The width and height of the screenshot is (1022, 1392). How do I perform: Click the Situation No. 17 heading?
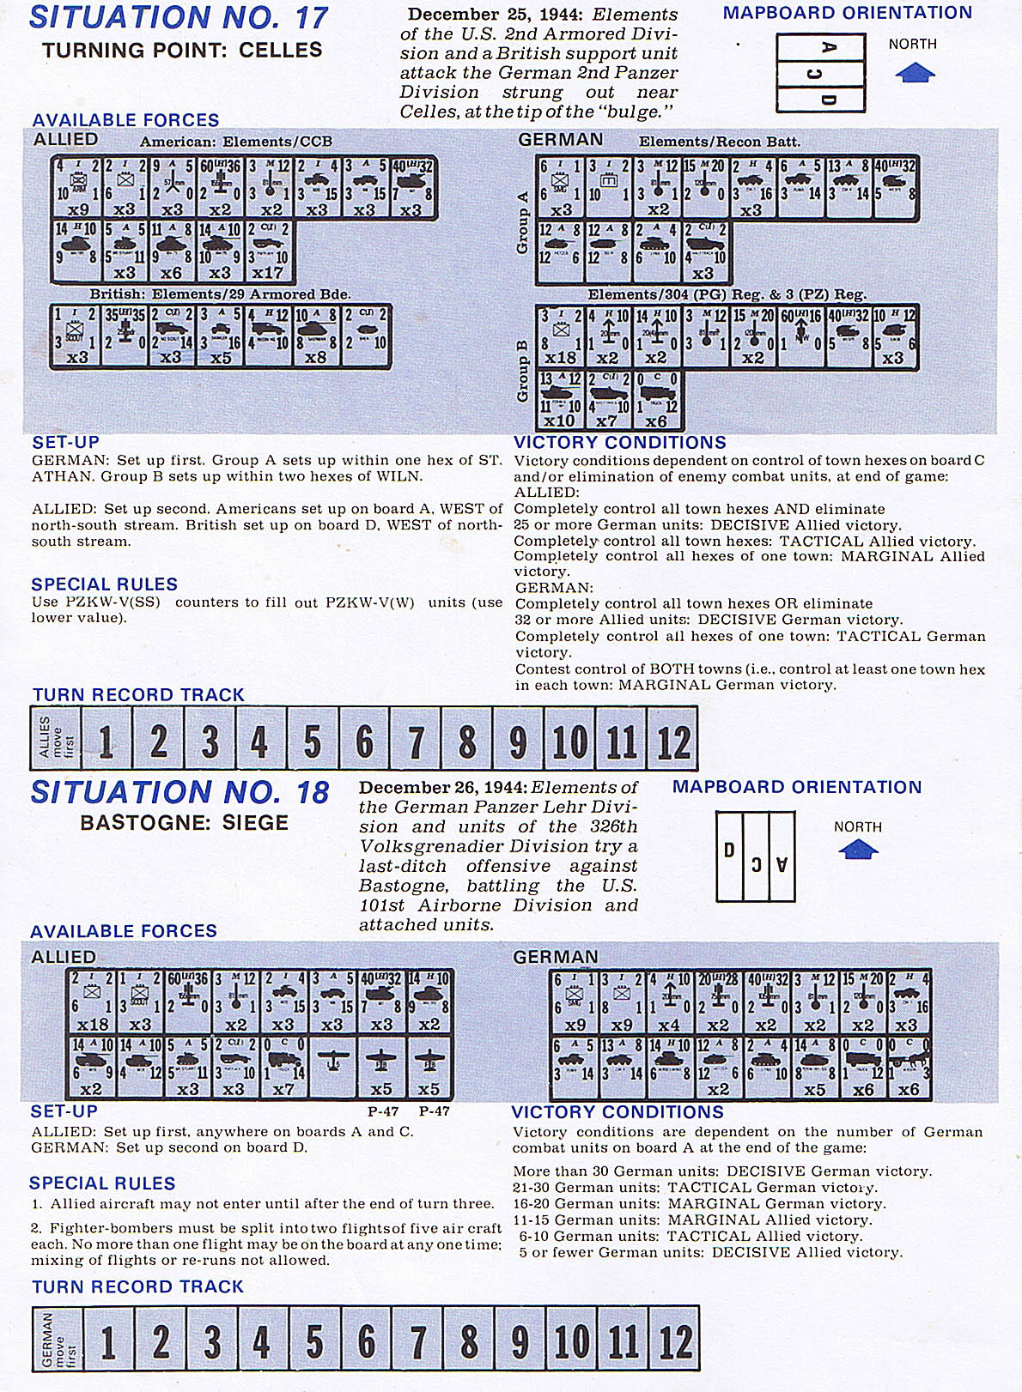point(179,18)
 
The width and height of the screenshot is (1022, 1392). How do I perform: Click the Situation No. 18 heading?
point(179,792)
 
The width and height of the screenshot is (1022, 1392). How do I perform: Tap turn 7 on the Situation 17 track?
point(416,740)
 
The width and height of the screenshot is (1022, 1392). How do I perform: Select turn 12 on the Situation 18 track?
point(675,1340)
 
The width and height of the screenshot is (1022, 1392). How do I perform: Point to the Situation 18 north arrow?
point(857,850)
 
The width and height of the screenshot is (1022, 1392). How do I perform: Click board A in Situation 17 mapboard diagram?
point(820,48)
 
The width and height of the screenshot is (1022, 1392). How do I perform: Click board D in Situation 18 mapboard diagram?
point(729,856)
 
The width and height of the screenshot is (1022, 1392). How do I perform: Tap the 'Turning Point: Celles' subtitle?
point(182,51)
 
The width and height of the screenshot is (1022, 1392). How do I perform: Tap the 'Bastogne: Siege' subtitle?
point(184,823)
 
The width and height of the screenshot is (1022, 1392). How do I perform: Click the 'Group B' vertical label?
point(522,371)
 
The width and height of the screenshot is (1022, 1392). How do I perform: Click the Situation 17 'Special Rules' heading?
point(104,584)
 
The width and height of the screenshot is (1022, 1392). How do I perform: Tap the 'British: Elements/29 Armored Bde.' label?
point(220,294)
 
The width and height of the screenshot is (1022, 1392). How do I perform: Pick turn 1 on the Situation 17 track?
point(106,740)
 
